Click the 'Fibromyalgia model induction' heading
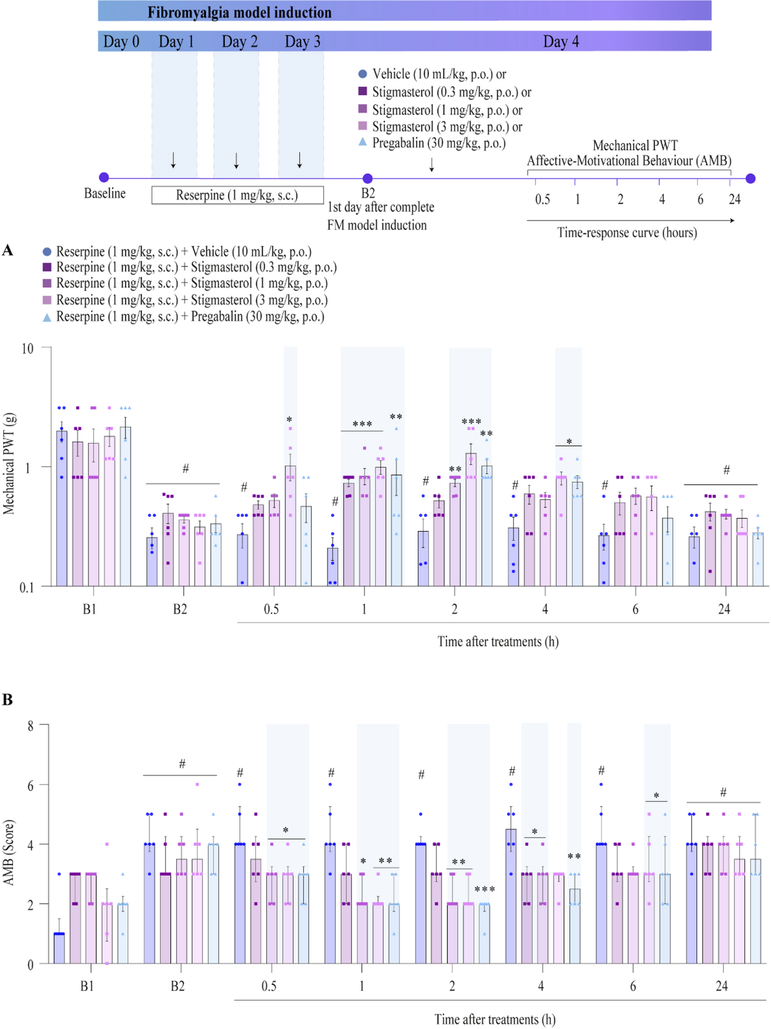239,12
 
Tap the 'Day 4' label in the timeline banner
561,41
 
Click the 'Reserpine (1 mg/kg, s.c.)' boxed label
237,195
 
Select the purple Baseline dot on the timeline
104,177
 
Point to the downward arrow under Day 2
236,160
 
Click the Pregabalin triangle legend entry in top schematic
362,143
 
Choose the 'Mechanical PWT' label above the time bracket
634,146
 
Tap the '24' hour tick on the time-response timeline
734,199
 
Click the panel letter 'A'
8,251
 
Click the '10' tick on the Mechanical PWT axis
27,349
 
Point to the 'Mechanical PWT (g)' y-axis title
9,464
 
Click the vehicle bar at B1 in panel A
62,508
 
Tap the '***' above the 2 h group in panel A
471,422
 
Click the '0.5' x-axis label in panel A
271,609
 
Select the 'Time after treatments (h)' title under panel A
498,642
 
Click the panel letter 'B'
8,700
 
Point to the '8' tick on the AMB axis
30,726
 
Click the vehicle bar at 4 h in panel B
511,896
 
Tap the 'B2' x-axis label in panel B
178,986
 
